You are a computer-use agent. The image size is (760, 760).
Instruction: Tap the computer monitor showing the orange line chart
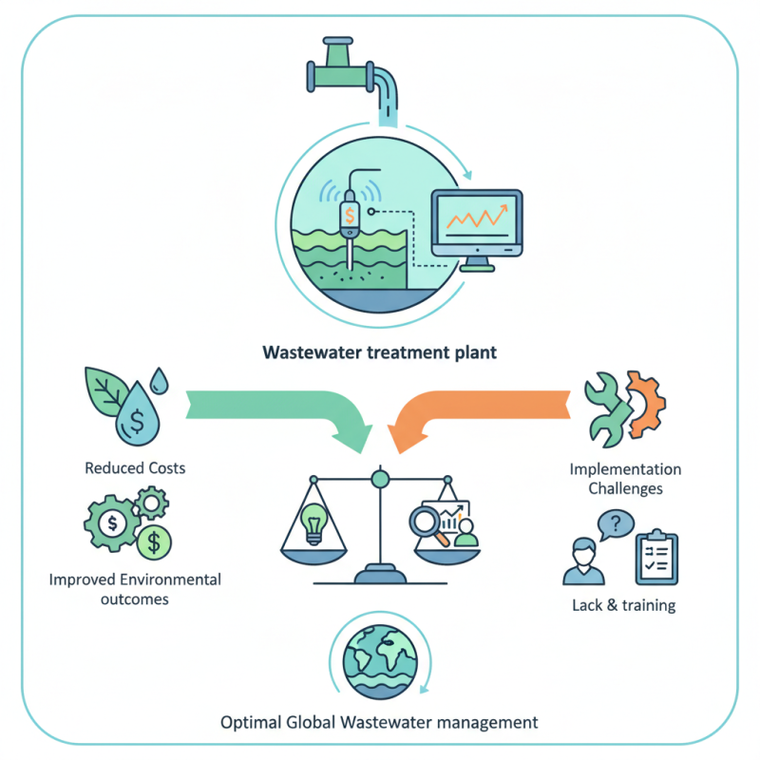click(477, 222)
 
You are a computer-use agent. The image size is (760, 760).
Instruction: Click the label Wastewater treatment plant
click(379, 352)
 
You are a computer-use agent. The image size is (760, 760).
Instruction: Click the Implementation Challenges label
click(624, 479)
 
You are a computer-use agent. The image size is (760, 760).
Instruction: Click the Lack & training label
click(624, 605)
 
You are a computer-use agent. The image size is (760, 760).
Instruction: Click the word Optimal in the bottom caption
click(249, 722)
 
